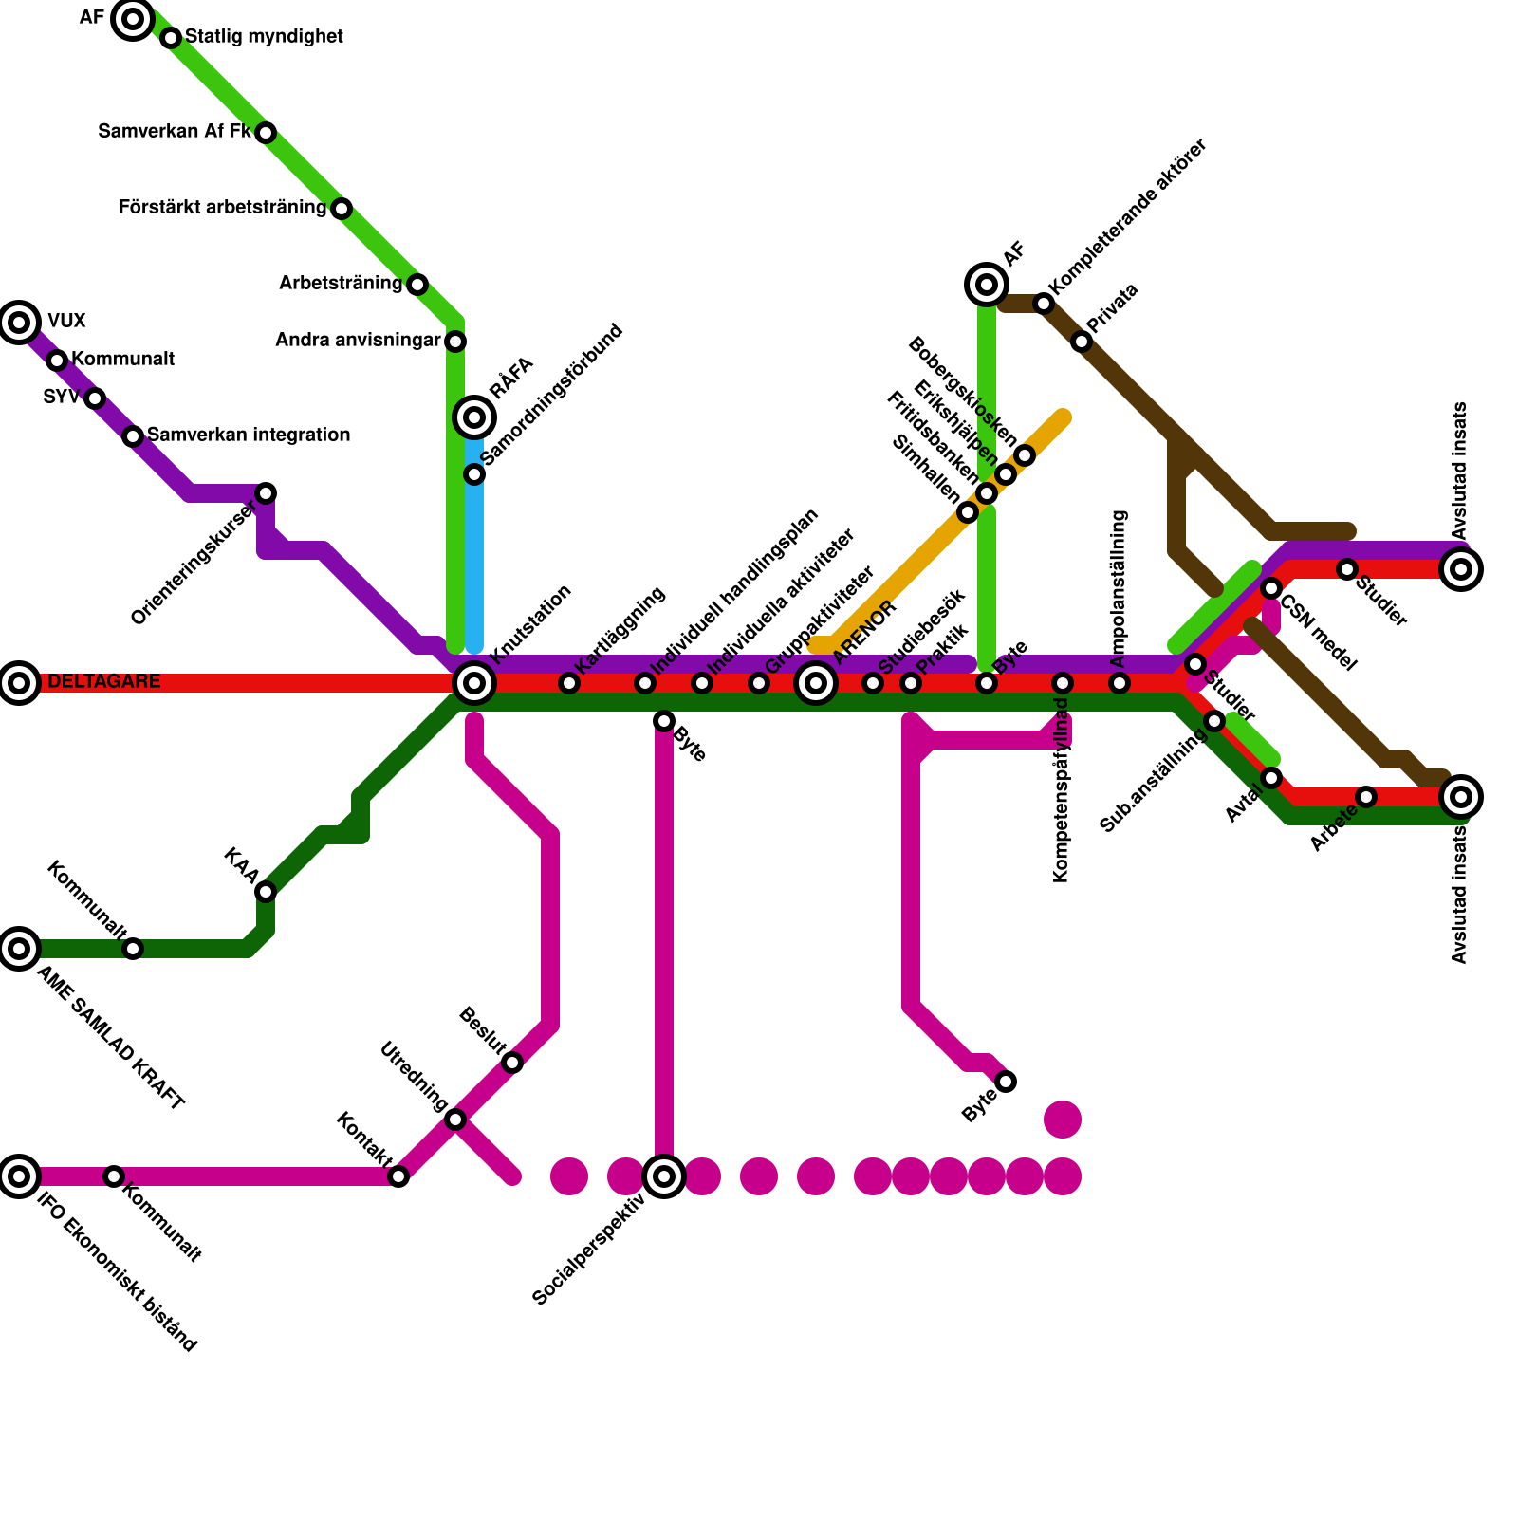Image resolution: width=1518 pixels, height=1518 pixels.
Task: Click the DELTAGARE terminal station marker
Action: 19,683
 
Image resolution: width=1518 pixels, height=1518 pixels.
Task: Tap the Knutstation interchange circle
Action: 474,683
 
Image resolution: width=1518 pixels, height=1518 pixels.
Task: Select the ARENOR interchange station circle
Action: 816,683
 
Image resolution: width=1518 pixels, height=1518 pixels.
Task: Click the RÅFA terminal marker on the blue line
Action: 474,417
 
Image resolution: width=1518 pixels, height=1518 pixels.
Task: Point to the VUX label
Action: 66,322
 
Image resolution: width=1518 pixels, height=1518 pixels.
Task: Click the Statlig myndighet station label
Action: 264,37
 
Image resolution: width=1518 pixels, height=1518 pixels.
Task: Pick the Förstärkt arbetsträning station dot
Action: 342,209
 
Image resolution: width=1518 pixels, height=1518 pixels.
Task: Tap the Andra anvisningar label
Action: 358,341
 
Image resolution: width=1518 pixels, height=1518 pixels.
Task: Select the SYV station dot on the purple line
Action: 95,398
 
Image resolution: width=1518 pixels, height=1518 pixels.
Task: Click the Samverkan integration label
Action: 249,435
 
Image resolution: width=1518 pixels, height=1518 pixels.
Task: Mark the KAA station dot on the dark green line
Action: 266,892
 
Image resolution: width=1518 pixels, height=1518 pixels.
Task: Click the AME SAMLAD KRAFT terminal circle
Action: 19,949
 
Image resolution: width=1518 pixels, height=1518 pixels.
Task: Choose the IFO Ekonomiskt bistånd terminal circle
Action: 19,1176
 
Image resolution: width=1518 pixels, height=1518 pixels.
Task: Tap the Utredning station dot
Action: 455,1120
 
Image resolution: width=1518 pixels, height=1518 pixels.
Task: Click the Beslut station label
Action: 482,1032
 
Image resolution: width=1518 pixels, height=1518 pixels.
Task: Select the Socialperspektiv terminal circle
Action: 664,1176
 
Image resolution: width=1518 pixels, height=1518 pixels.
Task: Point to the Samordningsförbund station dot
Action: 474,474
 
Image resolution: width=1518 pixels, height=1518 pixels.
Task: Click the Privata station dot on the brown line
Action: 1082,342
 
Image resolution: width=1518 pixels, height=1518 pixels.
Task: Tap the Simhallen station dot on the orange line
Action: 968,512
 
